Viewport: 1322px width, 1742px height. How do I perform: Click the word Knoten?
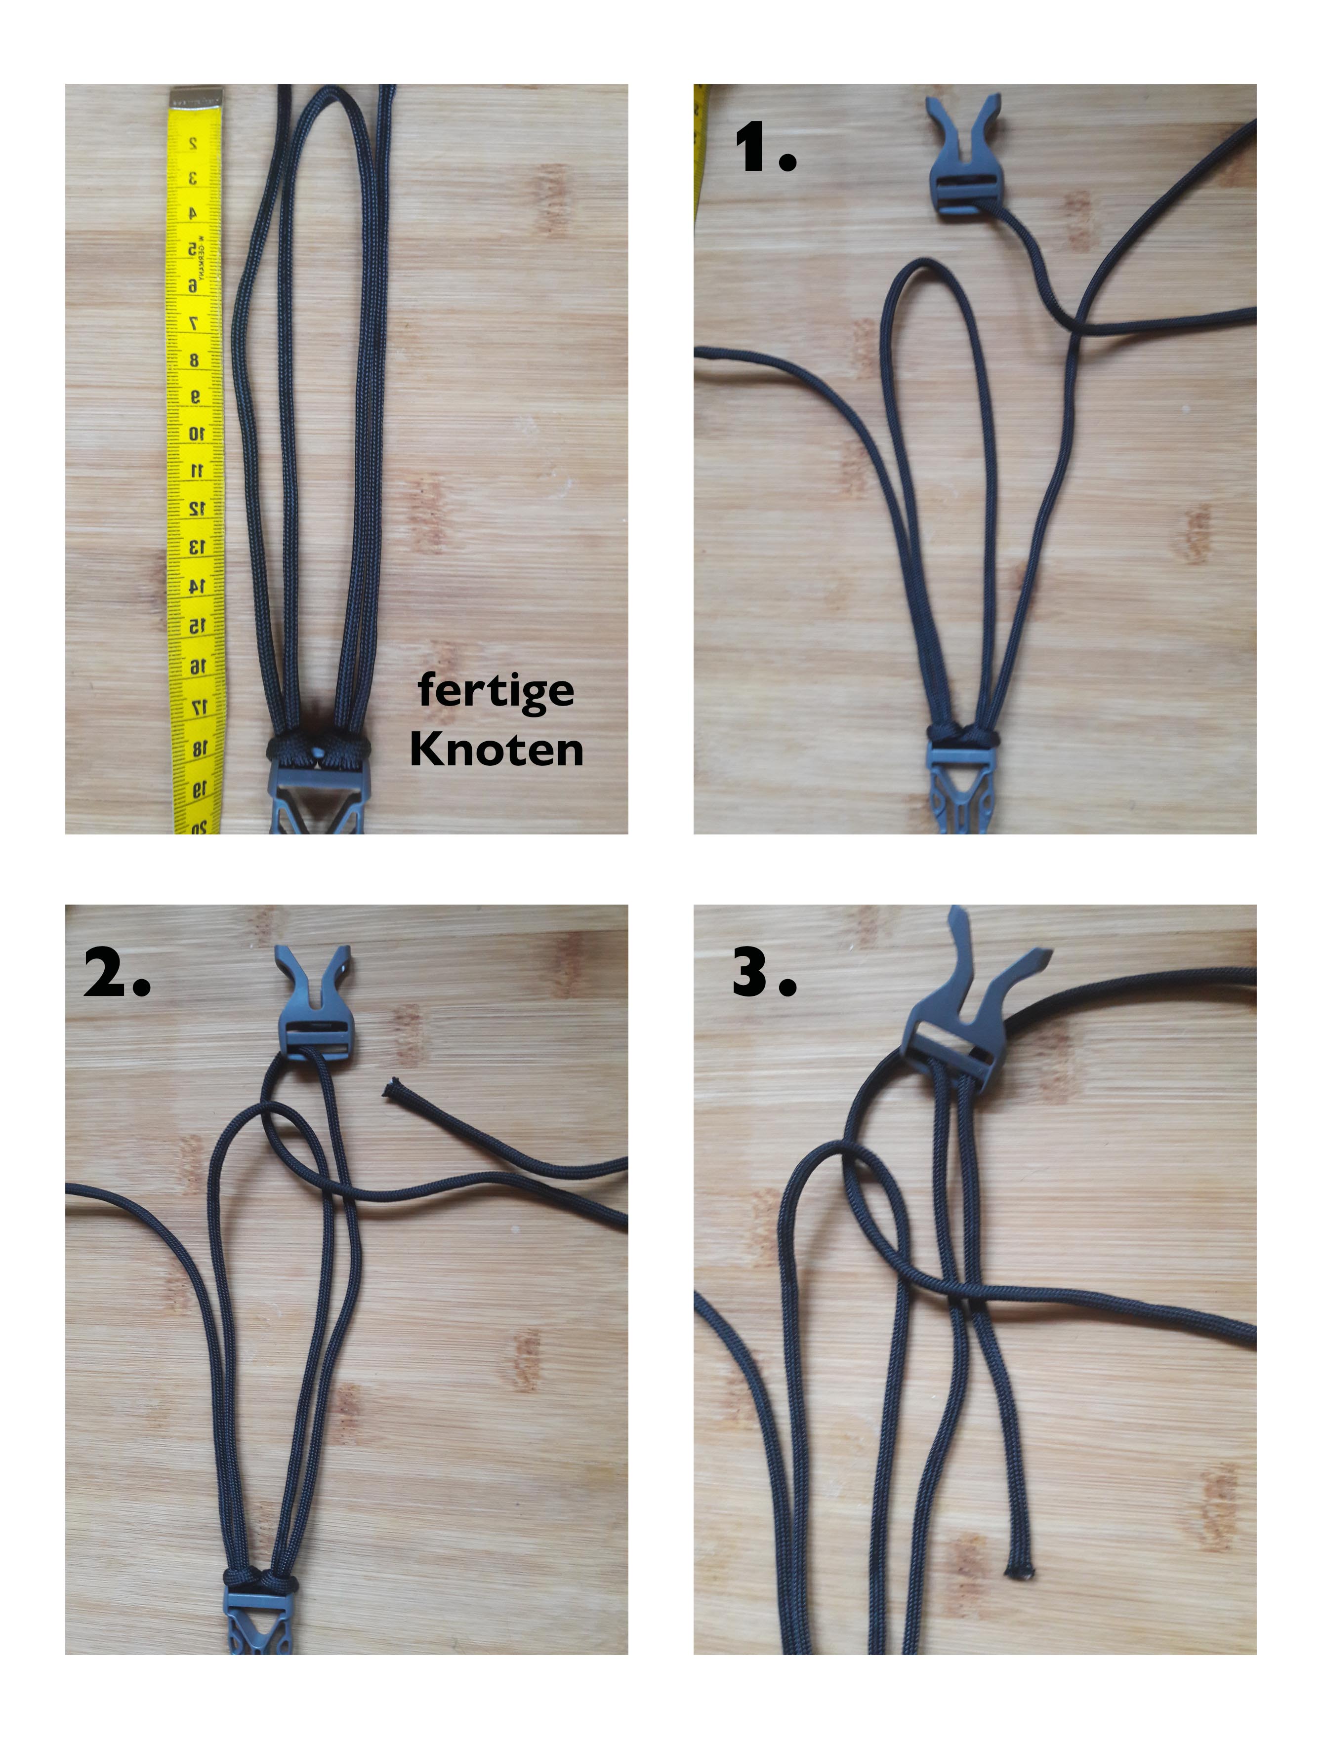coord(496,749)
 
